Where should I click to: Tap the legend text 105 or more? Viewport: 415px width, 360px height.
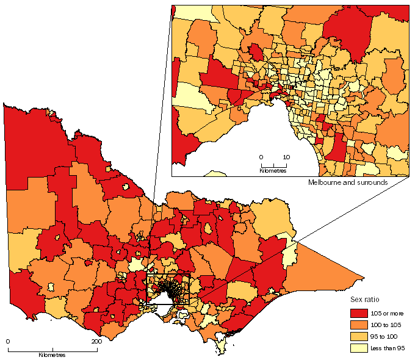pyautogui.click(x=388, y=313)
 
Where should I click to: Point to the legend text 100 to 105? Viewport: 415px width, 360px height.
pyautogui.click(x=385, y=325)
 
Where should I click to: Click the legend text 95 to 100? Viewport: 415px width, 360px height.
pyautogui.click(x=384, y=336)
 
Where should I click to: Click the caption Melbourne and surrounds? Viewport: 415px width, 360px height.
pyautogui.click(x=348, y=182)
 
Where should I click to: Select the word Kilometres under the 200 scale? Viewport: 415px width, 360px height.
pyautogui.click(x=52, y=355)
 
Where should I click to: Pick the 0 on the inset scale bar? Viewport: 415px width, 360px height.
pyautogui.click(x=261, y=157)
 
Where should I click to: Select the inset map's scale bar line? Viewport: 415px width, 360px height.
pyautogui.click(x=273, y=165)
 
